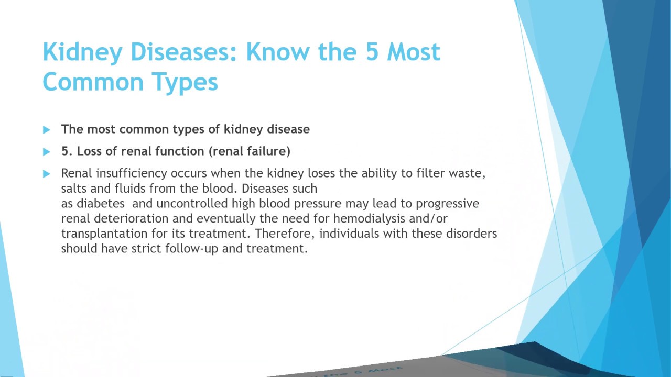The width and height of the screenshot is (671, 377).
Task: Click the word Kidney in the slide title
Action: [83, 53]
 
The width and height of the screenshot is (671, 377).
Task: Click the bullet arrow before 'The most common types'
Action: [47, 129]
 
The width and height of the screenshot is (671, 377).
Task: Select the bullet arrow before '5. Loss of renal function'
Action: [47, 152]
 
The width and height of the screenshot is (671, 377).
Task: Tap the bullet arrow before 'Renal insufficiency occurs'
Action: [47, 173]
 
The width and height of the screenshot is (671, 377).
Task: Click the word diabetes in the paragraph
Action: [99, 203]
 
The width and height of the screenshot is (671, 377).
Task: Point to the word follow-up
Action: [192, 249]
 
